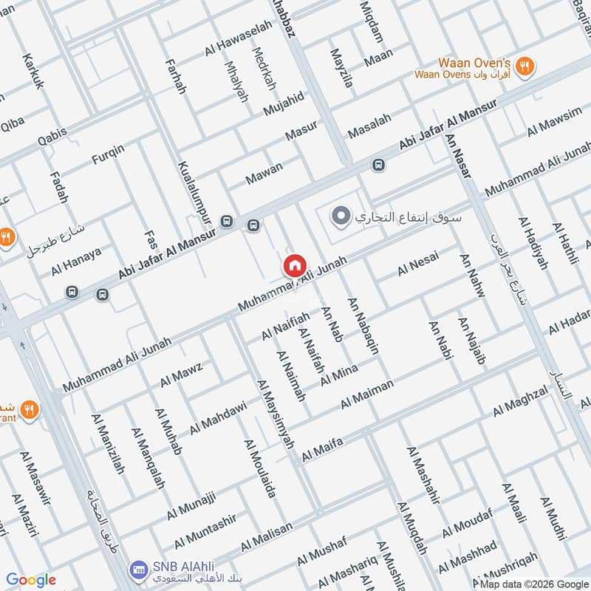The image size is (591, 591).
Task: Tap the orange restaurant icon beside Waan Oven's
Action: [x=525, y=66]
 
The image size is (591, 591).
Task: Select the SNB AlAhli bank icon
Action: [x=137, y=570]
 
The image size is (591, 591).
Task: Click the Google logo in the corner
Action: [x=31, y=580]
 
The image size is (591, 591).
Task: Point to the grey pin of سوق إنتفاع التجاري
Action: [x=341, y=217]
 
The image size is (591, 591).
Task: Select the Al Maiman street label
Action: [x=366, y=394]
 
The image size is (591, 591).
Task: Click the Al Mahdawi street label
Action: [x=217, y=419]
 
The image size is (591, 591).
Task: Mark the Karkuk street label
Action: [x=33, y=71]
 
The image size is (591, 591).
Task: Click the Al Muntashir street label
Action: [x=206, y=529]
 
